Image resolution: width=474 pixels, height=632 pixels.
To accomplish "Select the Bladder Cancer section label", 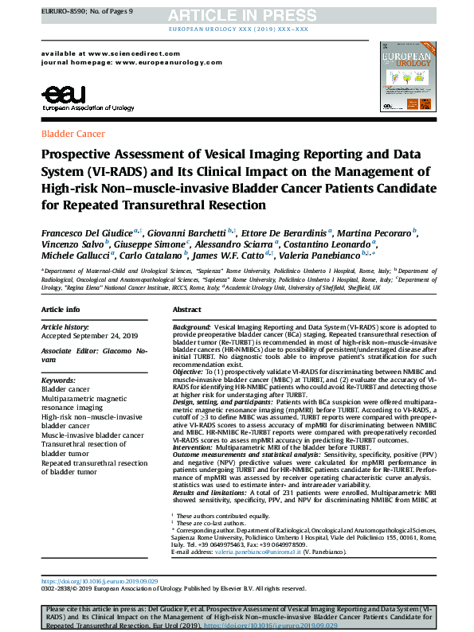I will [72, 134].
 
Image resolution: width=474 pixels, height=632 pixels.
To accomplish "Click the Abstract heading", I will [186, 309].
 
